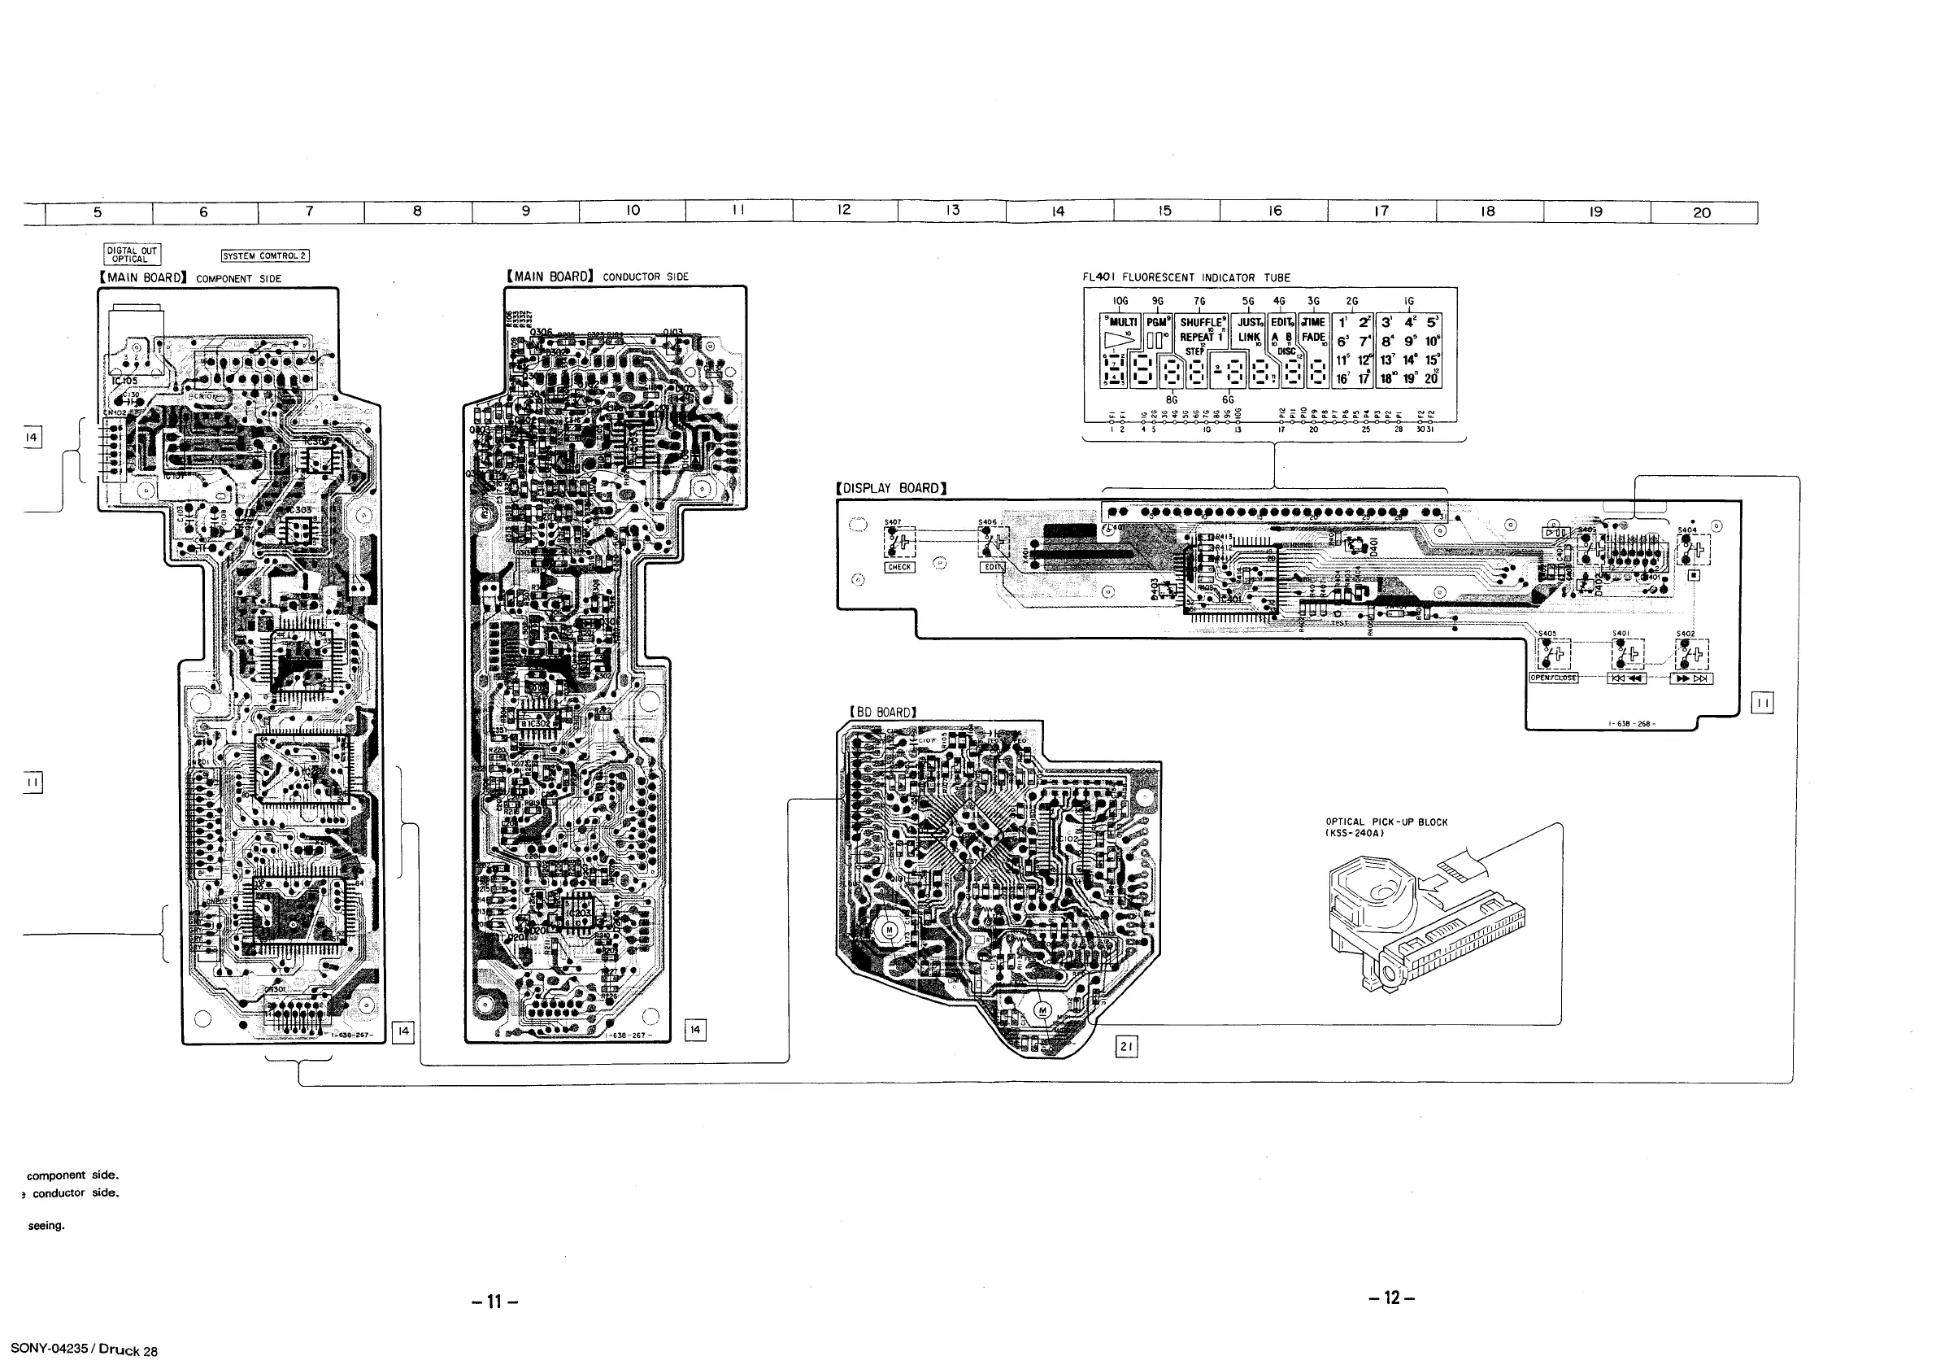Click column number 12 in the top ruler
(844, 211)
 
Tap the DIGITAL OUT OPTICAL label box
(132, 255)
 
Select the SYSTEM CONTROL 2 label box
(265, 255)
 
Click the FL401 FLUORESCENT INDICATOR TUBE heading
(1186, 277)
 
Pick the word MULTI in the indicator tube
(1123, 322)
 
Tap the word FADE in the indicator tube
(1314, 338)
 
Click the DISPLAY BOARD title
(891, 488)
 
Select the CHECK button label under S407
(898, 568)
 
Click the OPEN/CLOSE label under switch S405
(1553, 678)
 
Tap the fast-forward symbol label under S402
(1690, 679)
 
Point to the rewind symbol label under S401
(1626, 679)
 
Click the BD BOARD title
(883, 712)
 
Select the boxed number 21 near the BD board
(1125, 1047)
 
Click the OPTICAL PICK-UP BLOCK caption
(1386, 822)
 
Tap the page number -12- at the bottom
(1392, 1297)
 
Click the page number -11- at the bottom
(495, 1301)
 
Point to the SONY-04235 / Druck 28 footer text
(84, 1349)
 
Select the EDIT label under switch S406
(992, 567)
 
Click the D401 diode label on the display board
(1373, 546)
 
